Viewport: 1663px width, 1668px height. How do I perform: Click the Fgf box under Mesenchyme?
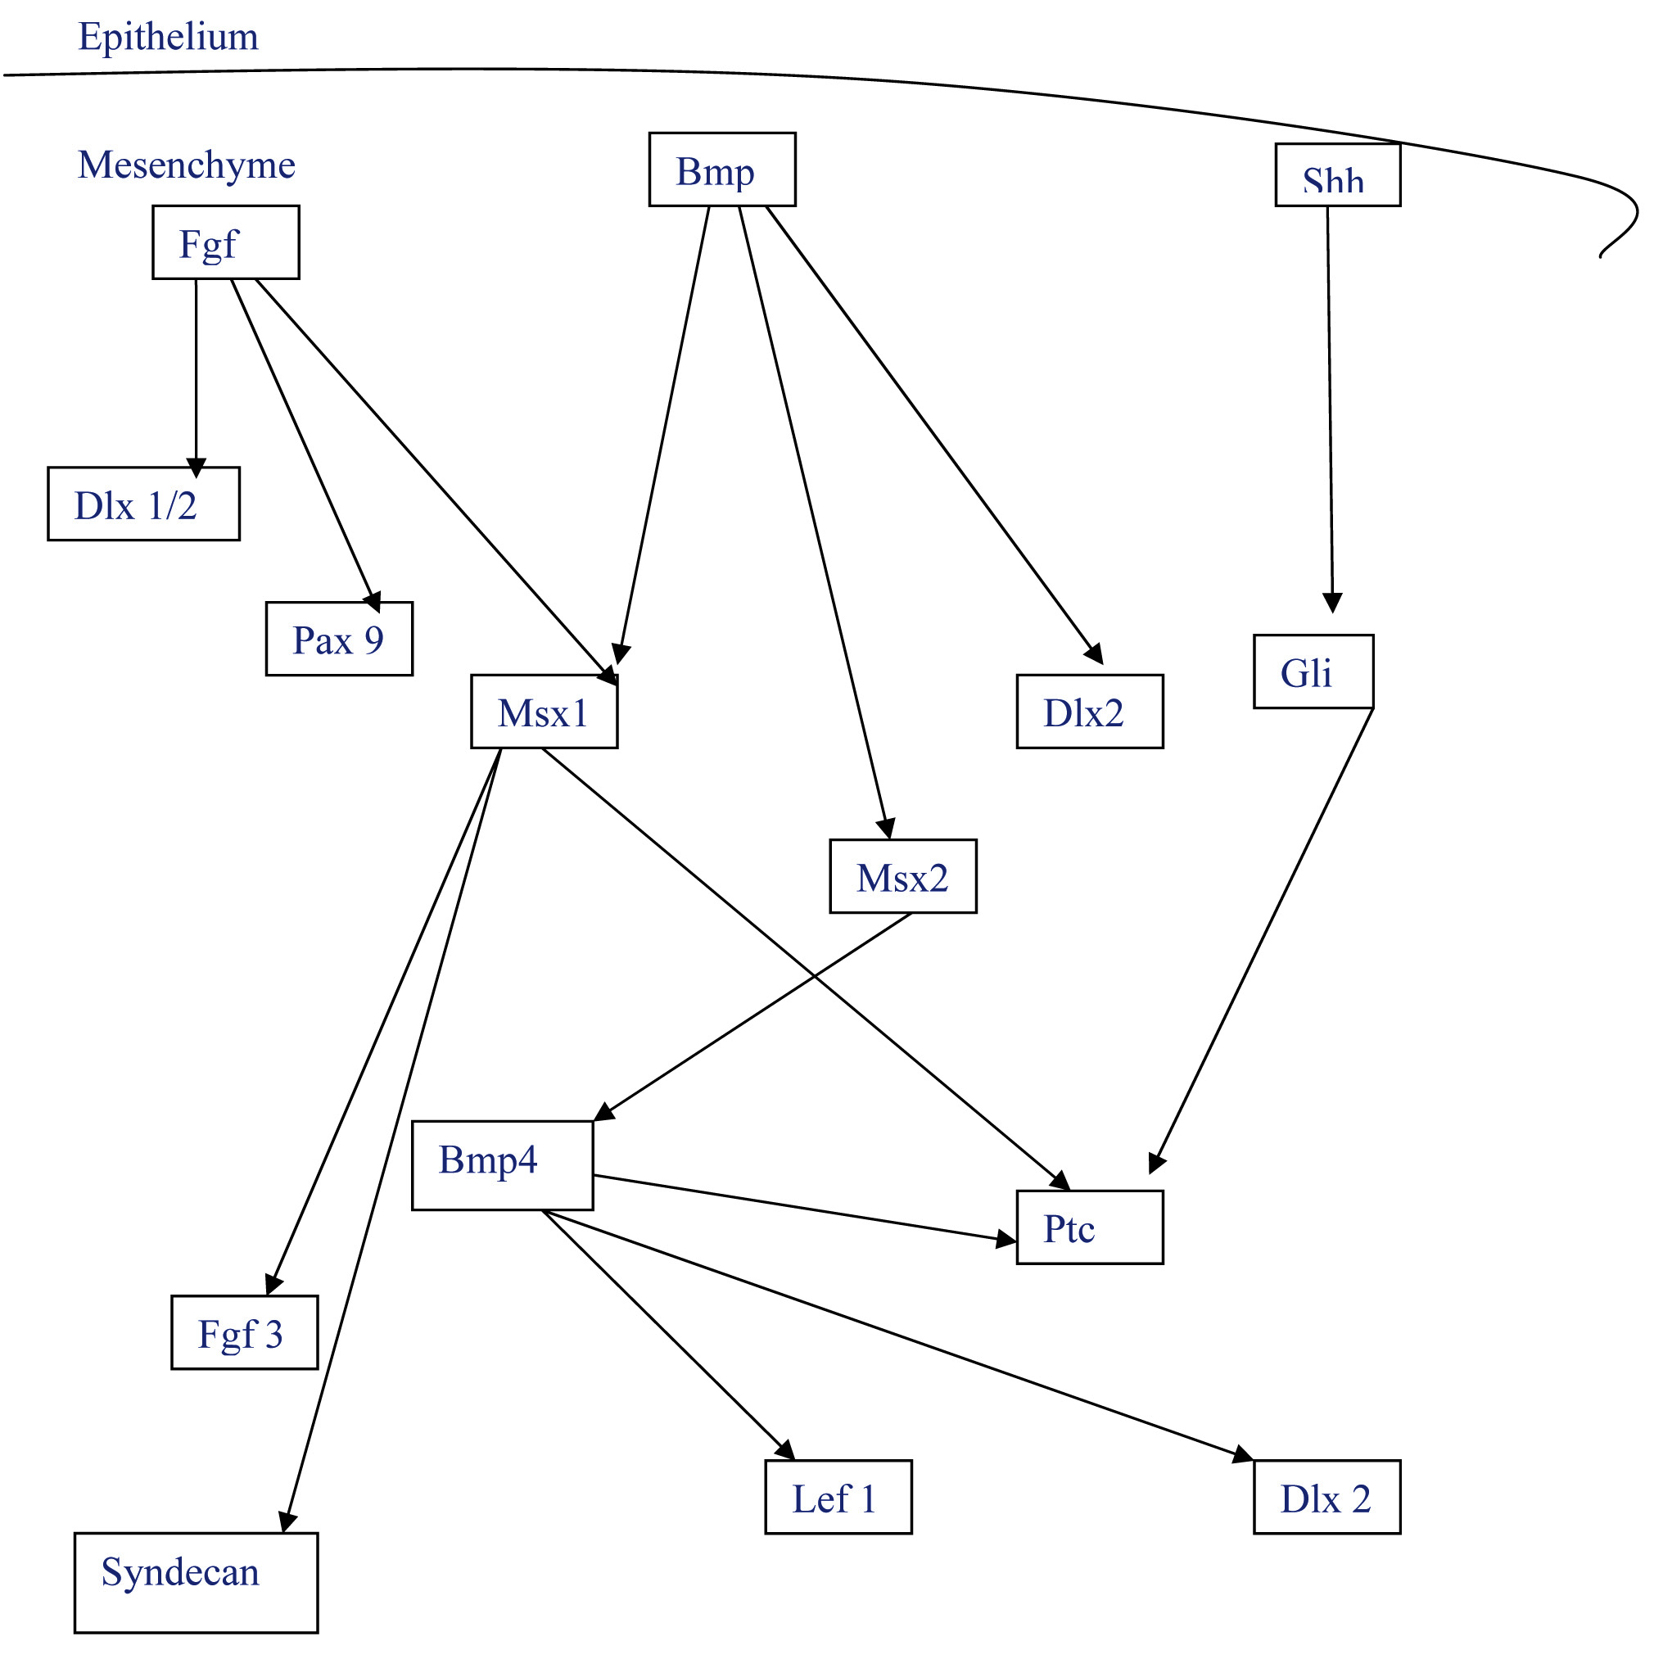pyautogui.click(x=225, y=242)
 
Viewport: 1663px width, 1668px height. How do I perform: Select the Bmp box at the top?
pyautogui.click(x=722, y=170)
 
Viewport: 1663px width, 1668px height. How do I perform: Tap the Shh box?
pyautogui.click(x=1337, y=175)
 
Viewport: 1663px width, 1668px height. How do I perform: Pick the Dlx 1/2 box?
pyautogui.click(x=143, y=504)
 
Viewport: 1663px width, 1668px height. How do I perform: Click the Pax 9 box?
pyautogui.click(x=338, y=639)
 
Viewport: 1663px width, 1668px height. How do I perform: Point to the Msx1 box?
pyautogui.click(x=544, y=712)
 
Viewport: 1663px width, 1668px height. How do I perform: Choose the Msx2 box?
pyautogui.click(x=903, y=876)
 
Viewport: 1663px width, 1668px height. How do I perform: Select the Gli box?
pyautogui.click(x=1313, y=671)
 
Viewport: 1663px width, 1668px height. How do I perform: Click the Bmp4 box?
pyautogui.click(x=503, y=1165)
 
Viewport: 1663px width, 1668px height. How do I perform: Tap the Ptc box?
pyautogui.click(x=1090, y=1227)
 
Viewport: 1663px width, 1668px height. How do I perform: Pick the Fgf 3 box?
pyautogui.click(x=244, y=1332)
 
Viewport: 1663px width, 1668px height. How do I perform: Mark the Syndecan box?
pyautogui.click(x=196, y=1582)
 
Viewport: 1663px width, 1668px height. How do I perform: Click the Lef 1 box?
pyautogui.click(x=838, y=1497)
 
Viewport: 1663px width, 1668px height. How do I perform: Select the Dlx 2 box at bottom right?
pyautogui.click(x=1327, y=1497)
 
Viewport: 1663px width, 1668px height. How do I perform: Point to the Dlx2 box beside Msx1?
pyautogui.click(x=1090, y=712)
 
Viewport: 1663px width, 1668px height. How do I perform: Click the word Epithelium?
pyautogui.click(x=169, y=36)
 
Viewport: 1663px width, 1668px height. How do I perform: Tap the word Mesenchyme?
pyautogui.click(x=187, y=164)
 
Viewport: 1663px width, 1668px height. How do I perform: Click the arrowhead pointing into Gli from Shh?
pyautogui.click(x=1332, y=603)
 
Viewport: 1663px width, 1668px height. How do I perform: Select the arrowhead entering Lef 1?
pyautogui.click(x=785, y=1449)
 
